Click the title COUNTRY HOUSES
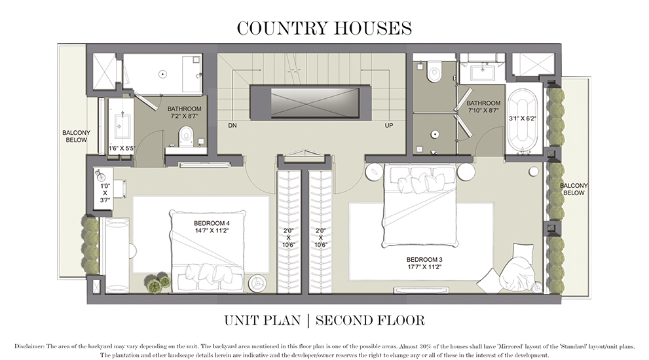[x=324, y=28]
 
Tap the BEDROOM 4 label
[x=202, y=223]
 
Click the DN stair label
[x=232, y=125]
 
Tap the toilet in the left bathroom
[x=186, y=136]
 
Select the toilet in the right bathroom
[x=433, y=72]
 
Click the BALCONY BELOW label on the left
[x=76, y=136]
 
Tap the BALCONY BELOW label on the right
[x=574, y=189]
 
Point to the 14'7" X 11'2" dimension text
[x=202, y=231]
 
